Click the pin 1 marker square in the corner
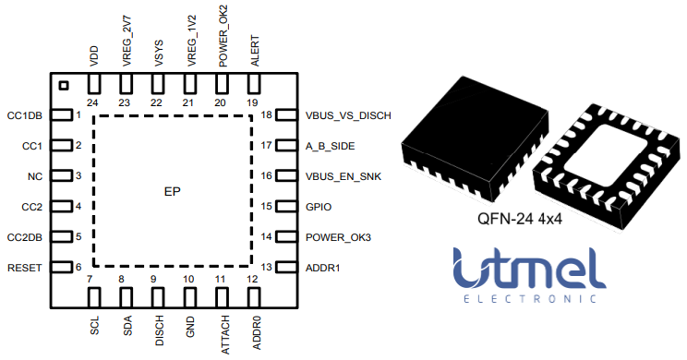tap(63, 86)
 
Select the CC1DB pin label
tap(24, 115)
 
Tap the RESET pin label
tap(25, 268)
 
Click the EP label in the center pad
tap(172, 192)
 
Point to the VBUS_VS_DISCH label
tap(348, 115)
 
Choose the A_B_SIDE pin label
tap(330, 146)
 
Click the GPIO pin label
tap(319, 207)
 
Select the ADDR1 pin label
tap(322, 268)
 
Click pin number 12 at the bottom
tap(251, 280)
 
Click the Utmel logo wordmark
tap(528, 269)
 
